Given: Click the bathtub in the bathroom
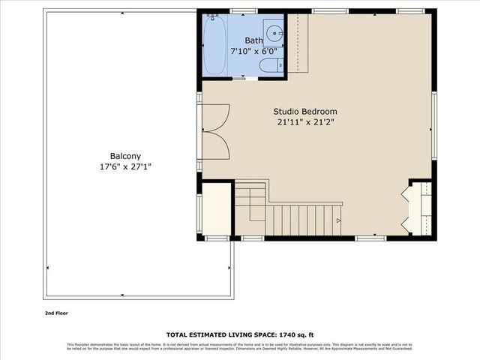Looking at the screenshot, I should pyautogui.click(x=214, y=45).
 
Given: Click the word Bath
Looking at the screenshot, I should pyautogui.click(x=254, y=40).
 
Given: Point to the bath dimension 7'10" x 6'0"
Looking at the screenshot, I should pyautogui.click(x=253, y=51).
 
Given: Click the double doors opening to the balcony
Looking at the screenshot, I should pyautogui.click(x=217, y=131).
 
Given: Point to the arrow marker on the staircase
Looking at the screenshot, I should pyautogui.click(x=338, y=220).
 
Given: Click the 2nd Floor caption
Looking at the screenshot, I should pyautogui.click(x=56, y=313).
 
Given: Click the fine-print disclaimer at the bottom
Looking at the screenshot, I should pyautogui.click(x=240, y=346).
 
